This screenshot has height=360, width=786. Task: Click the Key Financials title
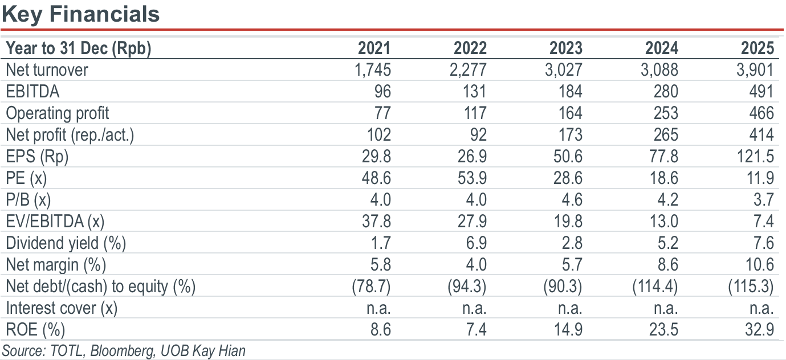[81, 15]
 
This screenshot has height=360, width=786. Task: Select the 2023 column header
[565, 48]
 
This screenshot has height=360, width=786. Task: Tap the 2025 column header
[758, 48]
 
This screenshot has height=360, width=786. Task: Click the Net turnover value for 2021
[373, 69]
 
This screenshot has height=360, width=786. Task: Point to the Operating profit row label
[58, 113]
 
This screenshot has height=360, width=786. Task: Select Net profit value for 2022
[478, 135]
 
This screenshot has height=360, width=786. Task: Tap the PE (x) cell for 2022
[472, 178]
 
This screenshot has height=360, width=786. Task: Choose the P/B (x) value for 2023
[572, 200]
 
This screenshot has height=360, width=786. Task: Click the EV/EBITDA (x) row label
[55, 222]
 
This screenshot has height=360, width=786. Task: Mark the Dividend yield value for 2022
[476, 243]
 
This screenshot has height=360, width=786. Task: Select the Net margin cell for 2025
[759, 265]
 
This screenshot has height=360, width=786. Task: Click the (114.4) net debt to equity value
[655, 287]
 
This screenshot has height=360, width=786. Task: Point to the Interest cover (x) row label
[62, 309]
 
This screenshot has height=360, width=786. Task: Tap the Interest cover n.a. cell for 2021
[378, 309]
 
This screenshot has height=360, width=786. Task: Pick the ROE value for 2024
[663, 330]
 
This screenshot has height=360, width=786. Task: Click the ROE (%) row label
[35, 330]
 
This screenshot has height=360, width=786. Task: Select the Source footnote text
[124, 351]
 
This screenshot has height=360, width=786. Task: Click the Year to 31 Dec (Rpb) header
[79, 48]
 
